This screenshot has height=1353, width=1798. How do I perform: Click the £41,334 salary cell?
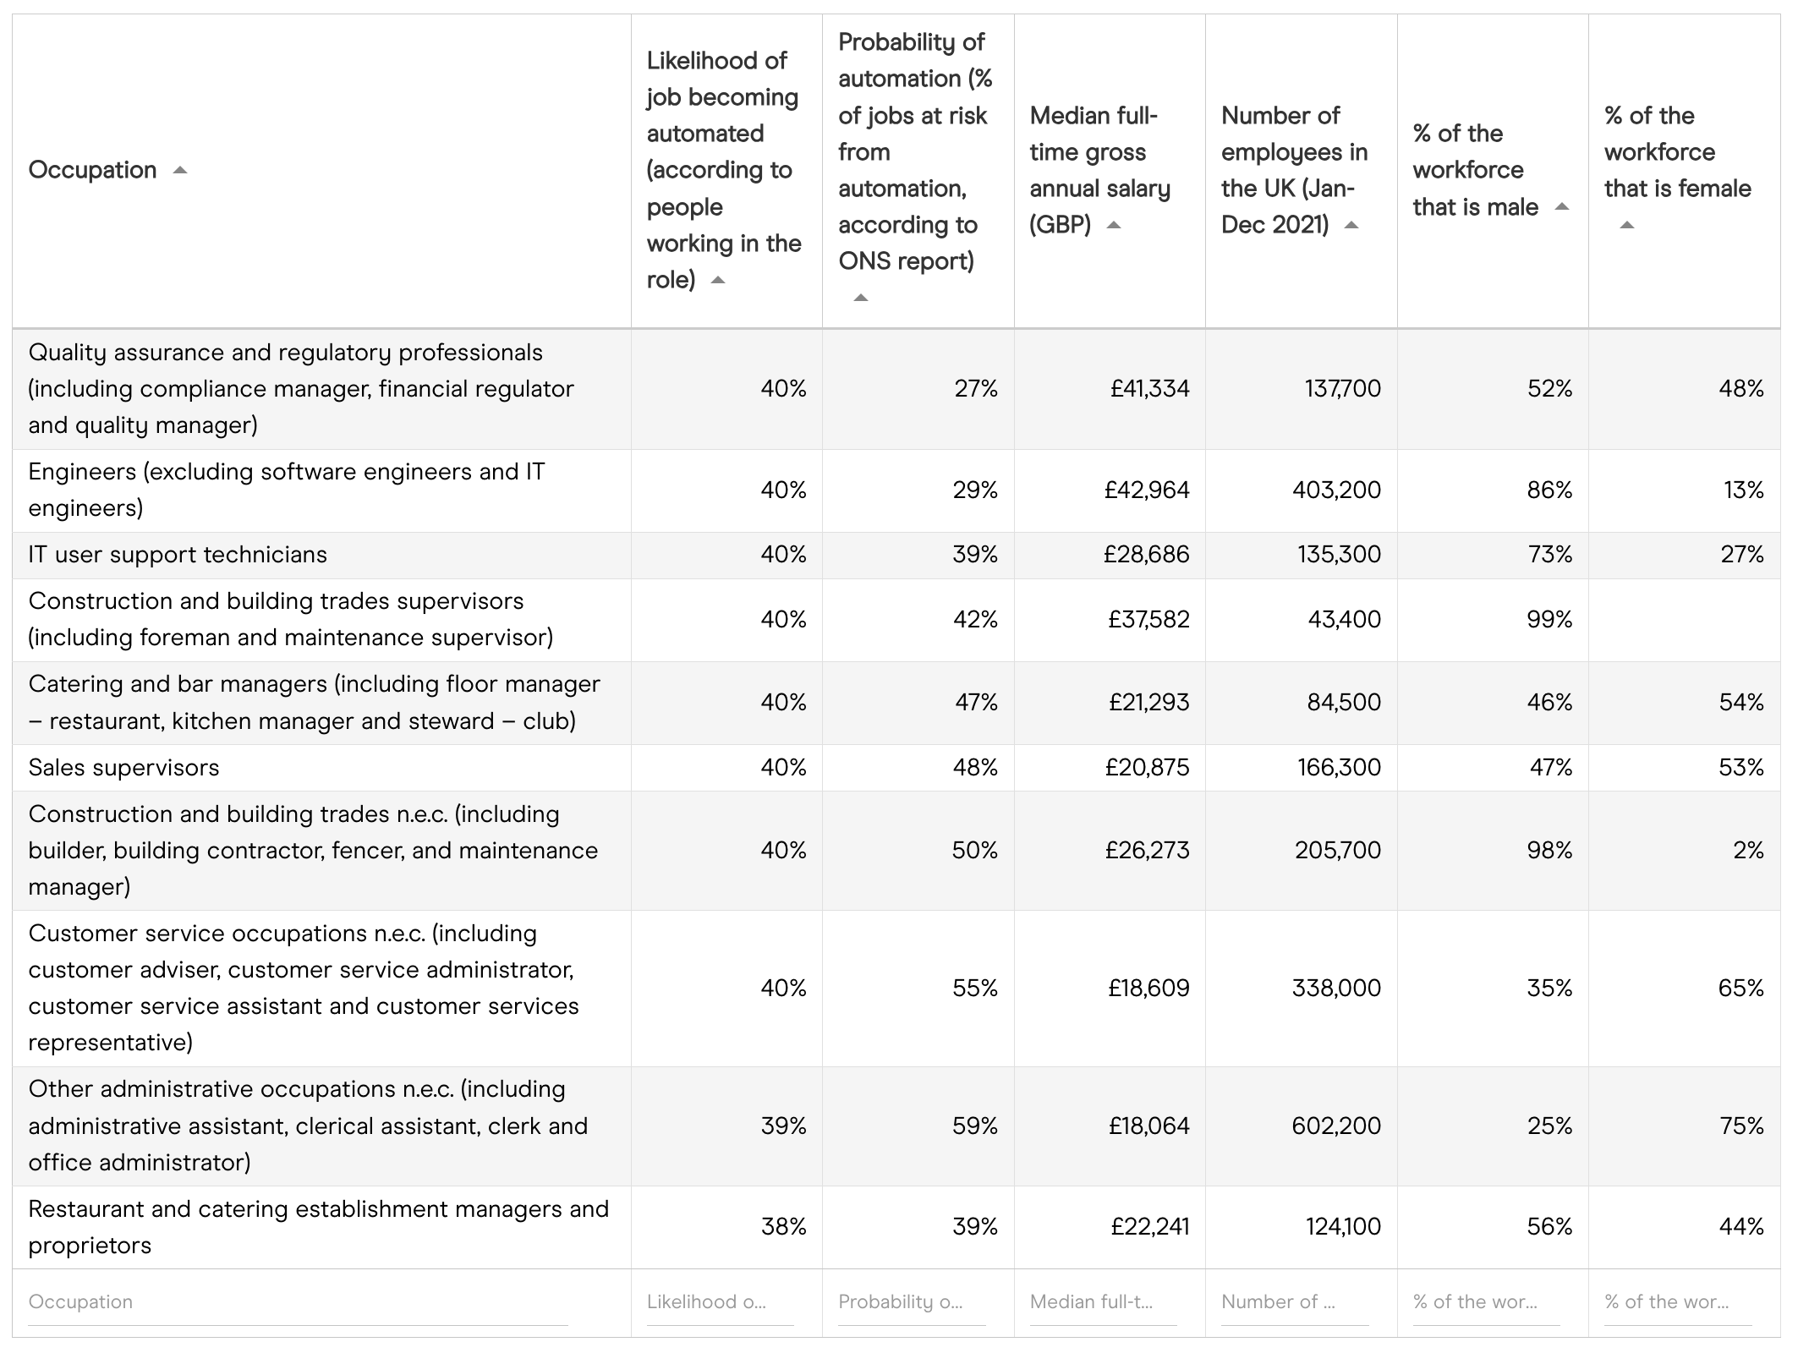(x=1149, y=389)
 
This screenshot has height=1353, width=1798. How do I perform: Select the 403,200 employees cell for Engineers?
(x=1336, y=490)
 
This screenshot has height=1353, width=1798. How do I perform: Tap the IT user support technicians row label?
(x=178, y=555)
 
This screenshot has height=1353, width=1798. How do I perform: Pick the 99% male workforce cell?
(x=1549, y=620)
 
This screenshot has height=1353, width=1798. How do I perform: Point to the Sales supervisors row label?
(x=123, y=768)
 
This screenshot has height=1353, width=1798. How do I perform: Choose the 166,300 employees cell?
(x=1339, y=768)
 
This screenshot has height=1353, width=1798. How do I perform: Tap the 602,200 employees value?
(x=1336, y=1126)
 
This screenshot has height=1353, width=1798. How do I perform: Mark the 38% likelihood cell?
(x=783, y=1227)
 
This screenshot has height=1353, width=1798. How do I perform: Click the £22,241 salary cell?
(x=1149, y=1227)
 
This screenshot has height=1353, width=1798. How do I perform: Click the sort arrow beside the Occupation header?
(x=179, y=171)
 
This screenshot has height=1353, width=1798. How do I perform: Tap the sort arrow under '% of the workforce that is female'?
(x=1626, y=226)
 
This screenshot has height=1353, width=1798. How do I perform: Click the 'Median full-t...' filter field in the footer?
(x=1102, y=1302)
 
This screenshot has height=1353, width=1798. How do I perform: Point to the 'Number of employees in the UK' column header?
(x=1293, y=170)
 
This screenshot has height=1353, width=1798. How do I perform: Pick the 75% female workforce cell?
(x=1740, y=1126)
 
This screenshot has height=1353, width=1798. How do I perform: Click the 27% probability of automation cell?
(x=975, y=389)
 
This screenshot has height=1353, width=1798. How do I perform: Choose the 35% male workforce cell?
(x=1549, y=989)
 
